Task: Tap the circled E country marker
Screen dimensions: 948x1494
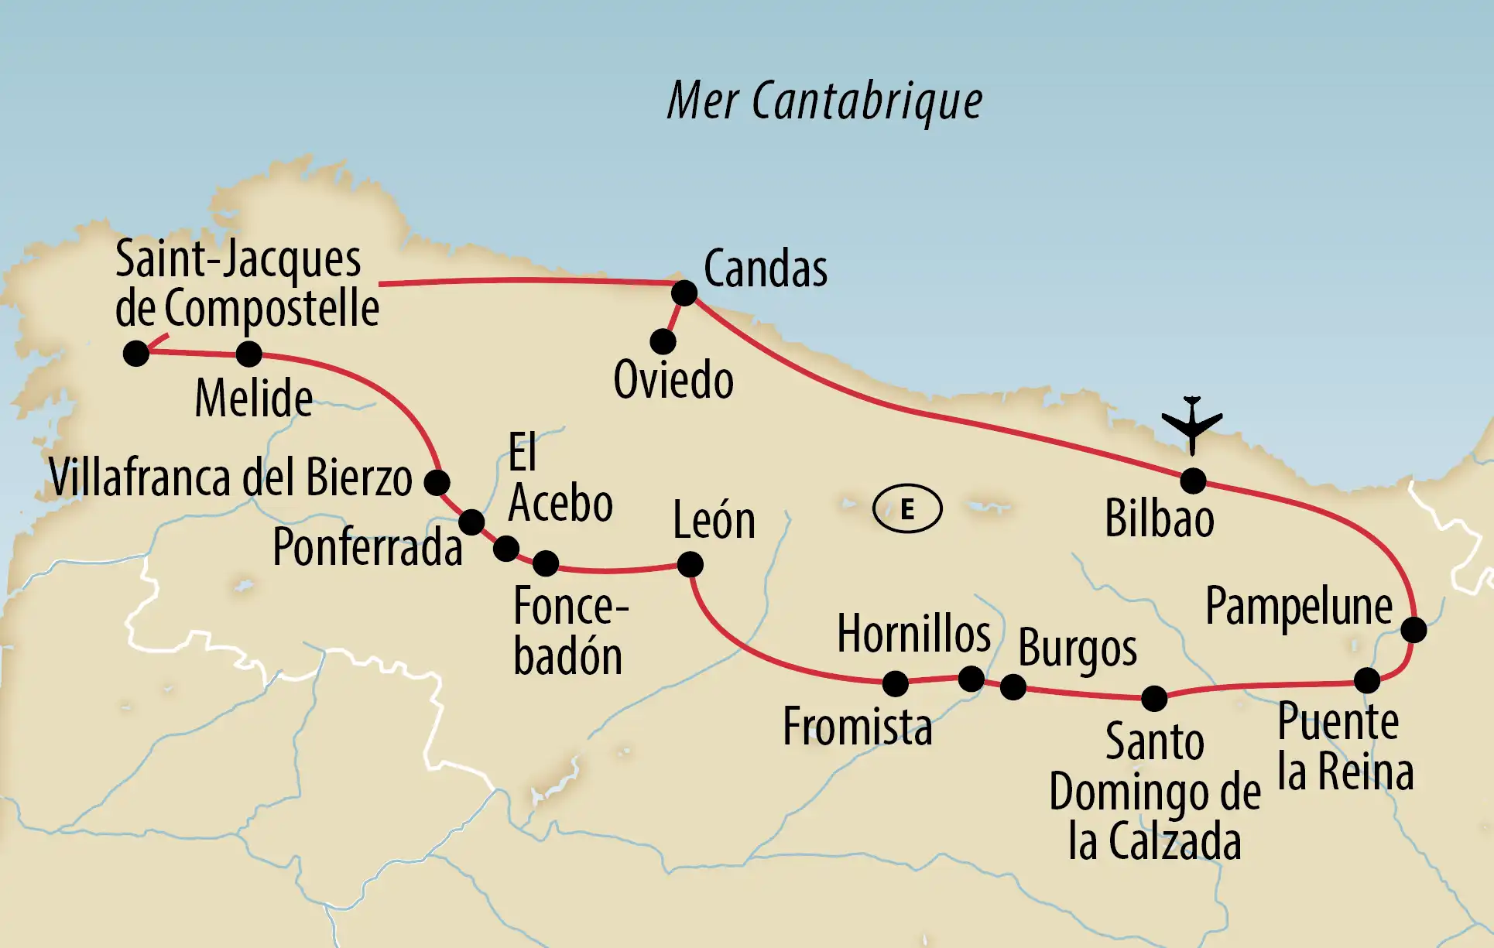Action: click(907, 509)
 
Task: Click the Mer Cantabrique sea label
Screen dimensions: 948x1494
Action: click(824, 101)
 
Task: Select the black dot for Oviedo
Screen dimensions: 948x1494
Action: click(663, 341)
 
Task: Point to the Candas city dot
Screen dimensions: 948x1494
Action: click(684, 293)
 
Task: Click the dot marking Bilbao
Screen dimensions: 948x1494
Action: click(1193, 481)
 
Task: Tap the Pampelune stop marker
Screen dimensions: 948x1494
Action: click(1413, 630)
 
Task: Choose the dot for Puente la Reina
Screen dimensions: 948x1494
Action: click(1367, 680)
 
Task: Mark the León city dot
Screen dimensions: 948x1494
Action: click(690, 564)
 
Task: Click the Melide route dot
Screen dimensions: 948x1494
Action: click(248, 354)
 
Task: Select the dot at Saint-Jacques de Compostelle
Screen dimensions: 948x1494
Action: click(136, 354)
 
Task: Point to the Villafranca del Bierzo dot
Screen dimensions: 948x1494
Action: click(437, 482)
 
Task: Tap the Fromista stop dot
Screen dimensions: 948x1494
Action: click(895, 683)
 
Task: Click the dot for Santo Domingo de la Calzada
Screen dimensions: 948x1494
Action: click(1154, 698)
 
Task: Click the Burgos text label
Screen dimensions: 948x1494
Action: click(1077, 649)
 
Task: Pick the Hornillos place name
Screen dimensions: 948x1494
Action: click(913, 634)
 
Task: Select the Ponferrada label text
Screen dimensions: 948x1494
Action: click(367, 547)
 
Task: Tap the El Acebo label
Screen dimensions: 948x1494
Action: click(560, 479)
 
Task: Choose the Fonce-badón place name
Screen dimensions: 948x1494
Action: click(570, 631)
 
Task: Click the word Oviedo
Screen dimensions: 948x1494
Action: click(673, 380)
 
